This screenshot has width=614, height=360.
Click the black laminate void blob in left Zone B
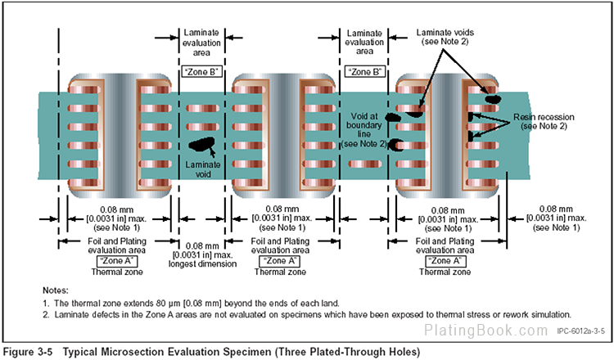pyautogui.click(x=199, y=146)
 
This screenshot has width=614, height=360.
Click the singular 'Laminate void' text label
pyautogui.click(x=199, y=168)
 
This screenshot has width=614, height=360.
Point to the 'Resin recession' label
pyautogui.click(x=549, y=117)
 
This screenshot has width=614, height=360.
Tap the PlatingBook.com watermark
pyautogui.click(x=486, y=331)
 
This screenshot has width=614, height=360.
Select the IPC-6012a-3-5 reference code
pyautogui.click(x=580, y=332)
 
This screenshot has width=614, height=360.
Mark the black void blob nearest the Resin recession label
pyautogui.click(x=492, y=98)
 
